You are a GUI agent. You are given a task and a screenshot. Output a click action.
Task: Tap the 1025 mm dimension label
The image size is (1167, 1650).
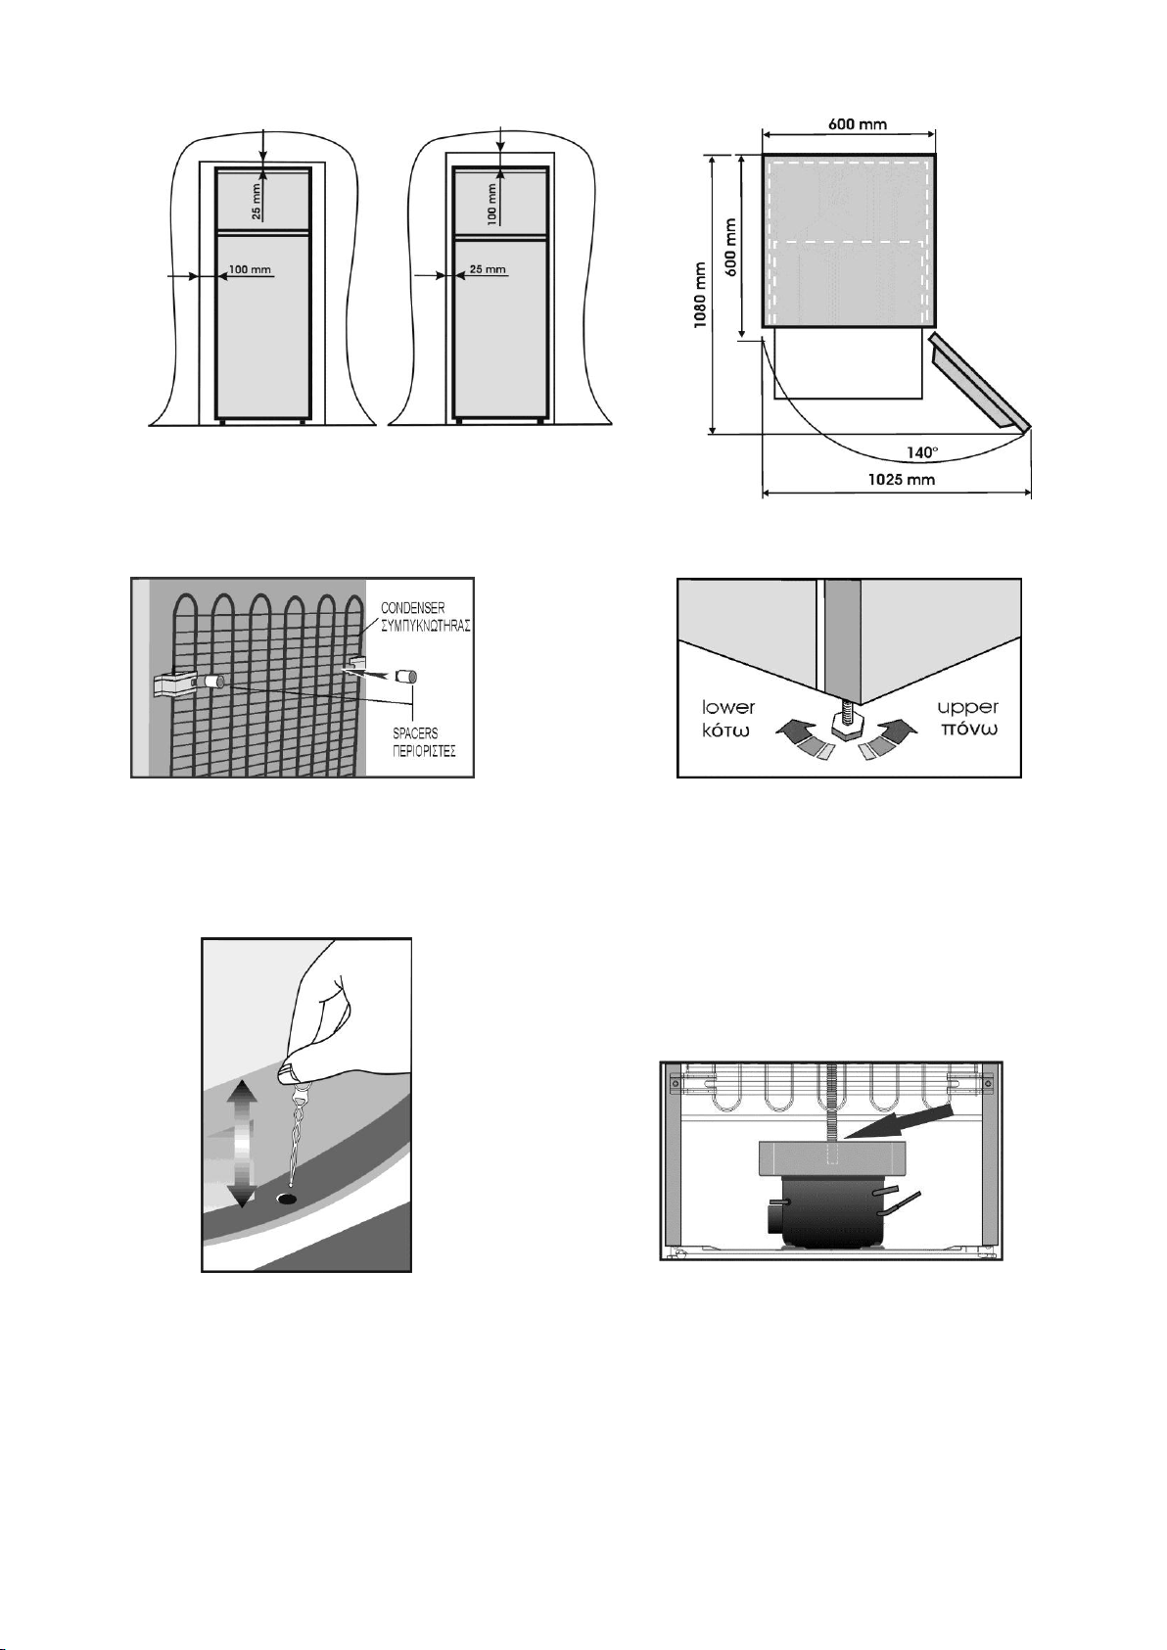(x=902, y=480)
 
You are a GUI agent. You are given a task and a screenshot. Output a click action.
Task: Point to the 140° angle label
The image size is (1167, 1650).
(x=922, y=452)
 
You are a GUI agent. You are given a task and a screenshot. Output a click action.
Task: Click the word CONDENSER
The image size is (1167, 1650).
(x=412, y=609)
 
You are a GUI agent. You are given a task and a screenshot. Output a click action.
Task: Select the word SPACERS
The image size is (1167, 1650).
(x=415, y=733)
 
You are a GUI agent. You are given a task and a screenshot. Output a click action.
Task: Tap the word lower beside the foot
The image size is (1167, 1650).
(x=728, y=708)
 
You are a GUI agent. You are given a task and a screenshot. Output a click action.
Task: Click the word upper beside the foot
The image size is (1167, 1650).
(x=967, y=707)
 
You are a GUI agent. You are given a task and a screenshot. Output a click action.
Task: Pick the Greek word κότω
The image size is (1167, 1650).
(x=725, y=731)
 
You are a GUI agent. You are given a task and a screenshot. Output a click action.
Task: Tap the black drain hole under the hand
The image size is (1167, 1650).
(x=287, y=1200)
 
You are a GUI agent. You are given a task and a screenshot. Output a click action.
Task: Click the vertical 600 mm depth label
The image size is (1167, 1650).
(x=731, y=247)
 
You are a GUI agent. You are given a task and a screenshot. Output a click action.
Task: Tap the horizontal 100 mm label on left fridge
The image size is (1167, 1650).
(x=250, y=269)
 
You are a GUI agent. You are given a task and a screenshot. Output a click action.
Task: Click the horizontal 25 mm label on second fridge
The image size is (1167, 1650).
(x=488, y=269)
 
